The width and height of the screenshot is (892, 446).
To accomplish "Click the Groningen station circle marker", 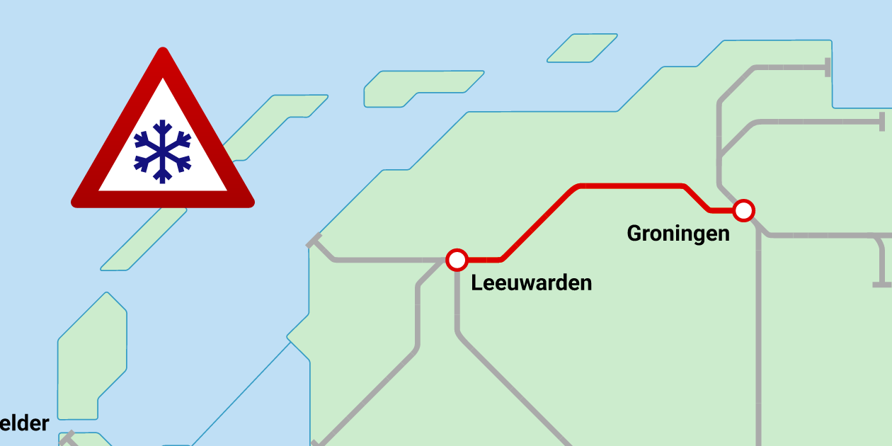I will [x=743, y=210].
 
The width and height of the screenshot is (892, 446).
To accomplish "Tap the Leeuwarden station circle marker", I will [x=457, y=260].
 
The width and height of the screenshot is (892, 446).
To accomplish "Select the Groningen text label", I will [x=678, y=233].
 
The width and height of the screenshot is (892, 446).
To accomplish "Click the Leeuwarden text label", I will [x=532, y=283].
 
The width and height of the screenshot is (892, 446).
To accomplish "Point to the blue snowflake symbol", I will [x=163, y=151].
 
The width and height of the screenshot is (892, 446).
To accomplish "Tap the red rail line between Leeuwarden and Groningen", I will [x=630, y=186].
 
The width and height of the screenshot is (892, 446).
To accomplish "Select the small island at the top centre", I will [x=582, y=48].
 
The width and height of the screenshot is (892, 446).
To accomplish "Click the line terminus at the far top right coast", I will [x=827, y=67].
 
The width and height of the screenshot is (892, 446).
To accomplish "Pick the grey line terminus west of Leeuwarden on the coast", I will [x=314, y=240].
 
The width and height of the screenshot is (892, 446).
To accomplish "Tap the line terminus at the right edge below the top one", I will [x=882, y=122].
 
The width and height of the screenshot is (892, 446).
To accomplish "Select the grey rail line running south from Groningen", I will [x=759, y=340].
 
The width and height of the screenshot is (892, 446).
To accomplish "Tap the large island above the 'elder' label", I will [x=92, y=354].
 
